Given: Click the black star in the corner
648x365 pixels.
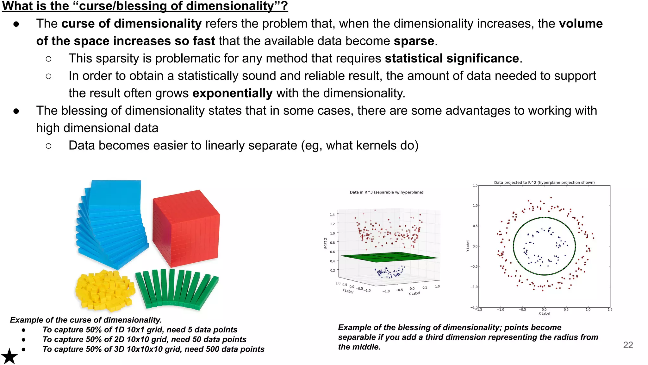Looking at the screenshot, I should tap(9, 356).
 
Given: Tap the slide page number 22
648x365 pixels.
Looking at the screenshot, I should tap(628, 345).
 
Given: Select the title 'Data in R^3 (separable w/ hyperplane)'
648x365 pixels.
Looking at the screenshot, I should tap(386, 192).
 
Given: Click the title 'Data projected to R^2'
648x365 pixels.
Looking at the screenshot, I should tap(544, 182).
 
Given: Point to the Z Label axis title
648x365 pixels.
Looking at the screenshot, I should tap(325, 243).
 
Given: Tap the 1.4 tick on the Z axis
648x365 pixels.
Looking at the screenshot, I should tap(332, 215).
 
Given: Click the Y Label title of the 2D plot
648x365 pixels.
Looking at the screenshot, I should tap(468, 246).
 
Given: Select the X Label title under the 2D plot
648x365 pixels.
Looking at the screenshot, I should tap(544, 313).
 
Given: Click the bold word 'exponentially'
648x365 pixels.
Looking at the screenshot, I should tap(232, 93).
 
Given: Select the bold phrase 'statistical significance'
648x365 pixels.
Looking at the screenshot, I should tap(452, 59).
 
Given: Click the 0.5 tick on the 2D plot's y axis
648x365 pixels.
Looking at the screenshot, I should tap(475, 226).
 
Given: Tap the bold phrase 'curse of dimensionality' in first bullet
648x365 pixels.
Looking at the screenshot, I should tap(131, 24).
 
